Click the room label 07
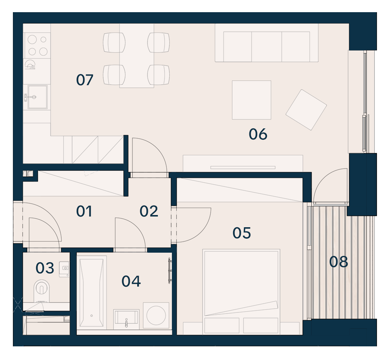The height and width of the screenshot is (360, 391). [84, 80]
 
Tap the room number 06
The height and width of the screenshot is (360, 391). [258, 134]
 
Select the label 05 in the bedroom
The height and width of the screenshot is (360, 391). [242, 233]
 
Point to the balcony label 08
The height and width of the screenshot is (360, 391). [338, 262]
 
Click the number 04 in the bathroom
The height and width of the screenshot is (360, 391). [131, 281]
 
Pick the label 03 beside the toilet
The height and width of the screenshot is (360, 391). [45, 268]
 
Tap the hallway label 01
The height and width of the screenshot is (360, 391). [84, 211]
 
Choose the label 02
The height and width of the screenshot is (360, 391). [149, 211]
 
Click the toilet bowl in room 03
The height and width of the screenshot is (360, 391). [41, 290]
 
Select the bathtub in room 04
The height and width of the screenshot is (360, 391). [91, 292]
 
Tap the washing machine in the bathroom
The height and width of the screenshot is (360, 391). [156, 315]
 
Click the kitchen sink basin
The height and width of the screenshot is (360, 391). [37, 97]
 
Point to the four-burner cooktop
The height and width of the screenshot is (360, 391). [37, 45]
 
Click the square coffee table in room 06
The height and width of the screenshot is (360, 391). [251, 100]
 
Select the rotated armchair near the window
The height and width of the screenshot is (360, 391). [306, 110]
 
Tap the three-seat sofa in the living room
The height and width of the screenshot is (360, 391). [267, 43]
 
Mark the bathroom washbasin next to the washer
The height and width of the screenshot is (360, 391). [126, 319]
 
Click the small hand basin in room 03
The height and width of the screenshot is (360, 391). [64, 269]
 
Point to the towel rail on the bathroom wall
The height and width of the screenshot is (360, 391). [170, 271]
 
